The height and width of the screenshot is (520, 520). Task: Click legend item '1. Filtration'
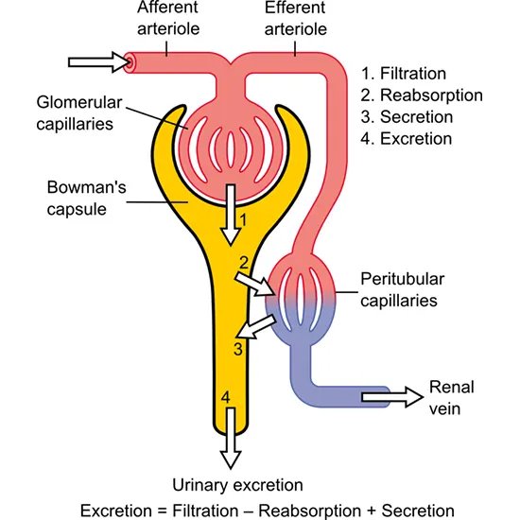406,73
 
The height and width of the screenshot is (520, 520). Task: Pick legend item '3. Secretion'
407,116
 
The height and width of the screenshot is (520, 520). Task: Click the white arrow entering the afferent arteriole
97,62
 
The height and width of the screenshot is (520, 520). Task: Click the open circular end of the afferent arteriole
130,62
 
